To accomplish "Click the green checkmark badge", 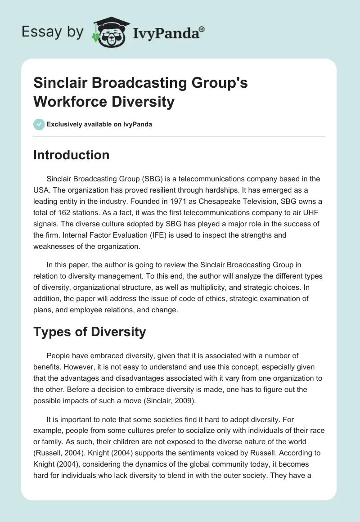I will pos(39,124).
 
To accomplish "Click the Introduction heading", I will pos(72,155).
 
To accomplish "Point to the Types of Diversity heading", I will pos(90,332).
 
